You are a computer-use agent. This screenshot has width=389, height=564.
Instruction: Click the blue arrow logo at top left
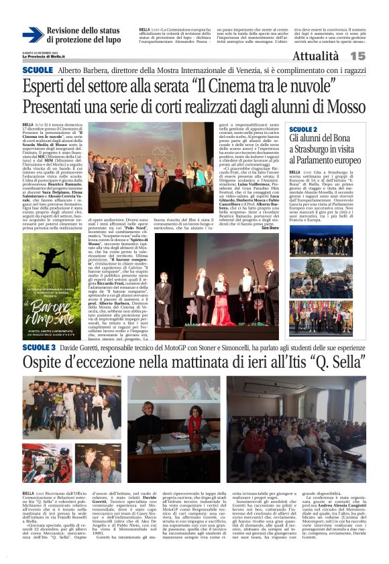[32, 35]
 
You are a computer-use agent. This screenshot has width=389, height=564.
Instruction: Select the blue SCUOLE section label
[37, 70]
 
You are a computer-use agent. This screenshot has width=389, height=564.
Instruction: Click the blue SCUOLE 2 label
[304, 128]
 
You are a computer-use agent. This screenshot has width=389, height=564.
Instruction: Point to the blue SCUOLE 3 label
[39, 348]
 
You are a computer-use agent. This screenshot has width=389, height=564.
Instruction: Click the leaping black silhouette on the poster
[52, 263]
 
